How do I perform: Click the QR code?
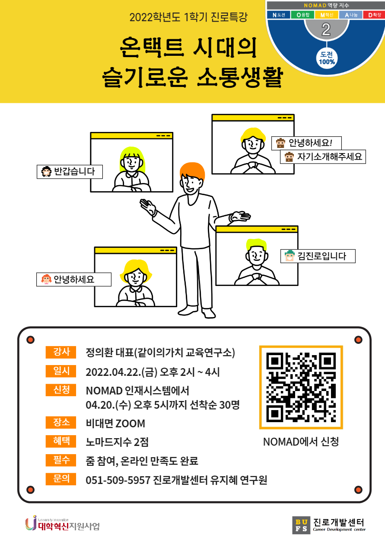[301, 387]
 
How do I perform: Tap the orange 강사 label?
[61, 352]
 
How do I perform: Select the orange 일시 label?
[61, 371]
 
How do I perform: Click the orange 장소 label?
[61, 422]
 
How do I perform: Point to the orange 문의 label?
[61, 479]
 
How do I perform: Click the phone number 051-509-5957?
[118, 480]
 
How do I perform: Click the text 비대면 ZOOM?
[115, 423]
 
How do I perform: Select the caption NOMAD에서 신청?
[301, 442]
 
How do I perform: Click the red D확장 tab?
[374, 15]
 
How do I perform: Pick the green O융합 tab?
[302, 15]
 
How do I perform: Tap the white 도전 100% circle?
[327, 58]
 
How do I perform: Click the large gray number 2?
[326, 29]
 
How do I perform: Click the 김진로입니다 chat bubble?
[318, 256]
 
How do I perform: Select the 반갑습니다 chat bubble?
[70, 172]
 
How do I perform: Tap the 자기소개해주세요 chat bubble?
[323, 157]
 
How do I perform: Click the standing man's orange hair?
[193, 171]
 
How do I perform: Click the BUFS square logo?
[301, 525]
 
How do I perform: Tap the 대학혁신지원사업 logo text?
[69, 526]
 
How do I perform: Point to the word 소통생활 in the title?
[240, 77]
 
